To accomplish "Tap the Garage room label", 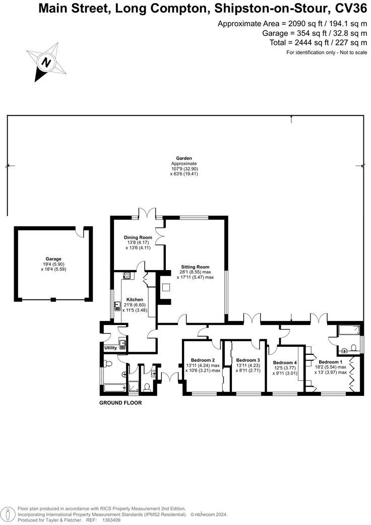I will tap(53, 259).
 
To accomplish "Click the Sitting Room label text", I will tap(196, 267).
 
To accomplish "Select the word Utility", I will tap(110, 348).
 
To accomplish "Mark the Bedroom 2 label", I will tap(202, 359).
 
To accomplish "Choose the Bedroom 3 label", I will tap(248, 360).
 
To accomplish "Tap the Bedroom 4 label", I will tap(285, 362).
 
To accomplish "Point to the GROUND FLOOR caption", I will tap(120, 403).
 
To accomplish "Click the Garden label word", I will tap(183, 158).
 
